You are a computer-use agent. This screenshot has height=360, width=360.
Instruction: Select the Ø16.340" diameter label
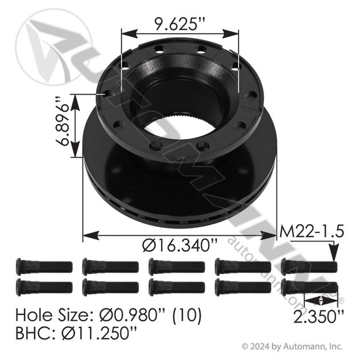(x=179, y=245)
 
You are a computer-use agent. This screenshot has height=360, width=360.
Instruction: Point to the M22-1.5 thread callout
(x=312, y=231)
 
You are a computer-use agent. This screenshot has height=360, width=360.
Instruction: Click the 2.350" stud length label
(x=318, y=317)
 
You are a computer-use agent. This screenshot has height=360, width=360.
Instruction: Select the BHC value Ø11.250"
(x=99, y=333)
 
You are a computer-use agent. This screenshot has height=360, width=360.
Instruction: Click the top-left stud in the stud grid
(x=44, y=267)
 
